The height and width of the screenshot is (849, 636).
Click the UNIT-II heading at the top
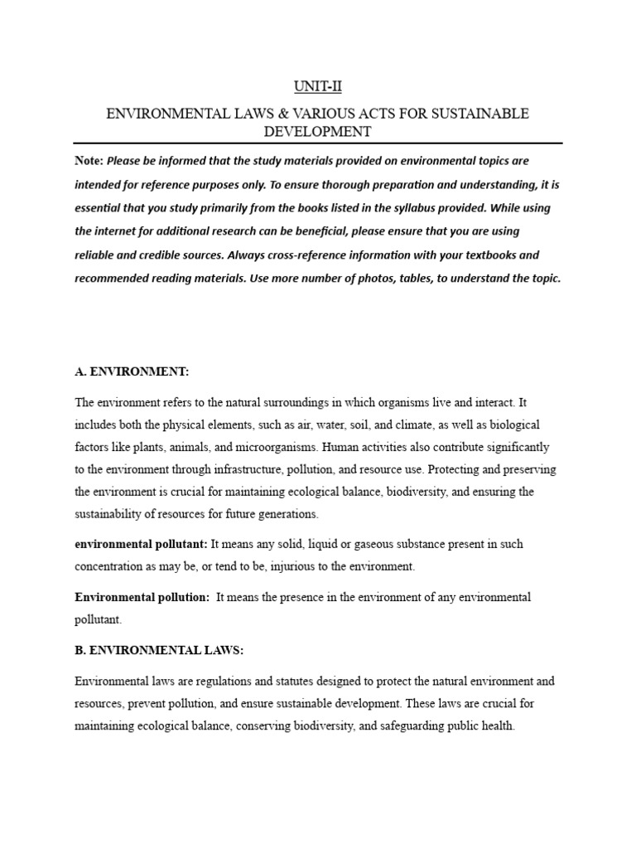pos(317,86)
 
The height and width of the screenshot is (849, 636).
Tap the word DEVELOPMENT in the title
pos(317,132)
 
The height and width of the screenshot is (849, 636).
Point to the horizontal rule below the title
pos(317,143)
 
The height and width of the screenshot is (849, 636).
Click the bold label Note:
pos(89,160)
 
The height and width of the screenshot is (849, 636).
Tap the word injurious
pos(284,566)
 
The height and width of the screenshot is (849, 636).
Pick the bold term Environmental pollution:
pos(142,597)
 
